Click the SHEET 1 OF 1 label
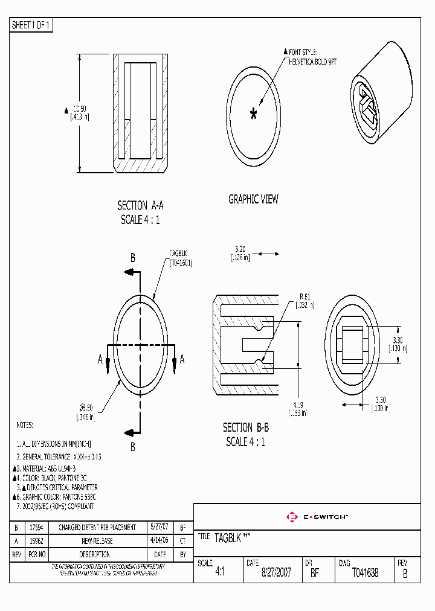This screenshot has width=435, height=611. click(x=31, y=25)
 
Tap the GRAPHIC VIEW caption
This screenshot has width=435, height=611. click(x=253, y=199)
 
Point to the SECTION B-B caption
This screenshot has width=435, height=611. click(x=246, y=427)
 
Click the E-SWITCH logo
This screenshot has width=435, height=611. click(x=317, y=517)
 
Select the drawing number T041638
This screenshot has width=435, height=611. click(x=365, y=573)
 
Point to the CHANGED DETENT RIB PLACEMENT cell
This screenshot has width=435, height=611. click(x=97, y=527)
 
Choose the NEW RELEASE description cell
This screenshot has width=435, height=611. click(x=97, y=541)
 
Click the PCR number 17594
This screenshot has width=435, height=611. click(x=36, y=527)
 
